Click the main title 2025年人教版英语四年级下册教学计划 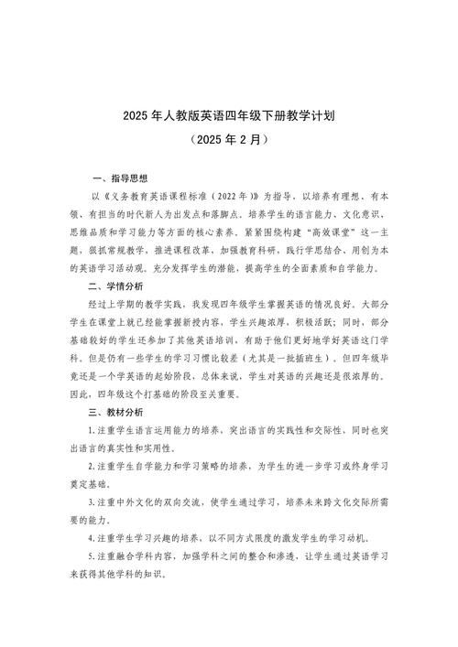[229, 117]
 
